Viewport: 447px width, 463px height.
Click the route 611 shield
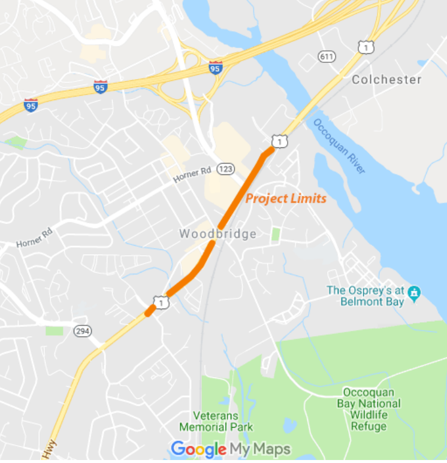coord(327,56)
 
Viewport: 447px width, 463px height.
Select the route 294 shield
coord(83,331)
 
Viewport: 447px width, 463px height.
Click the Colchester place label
coord(386,79)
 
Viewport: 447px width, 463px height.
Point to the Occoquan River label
coord(339,146)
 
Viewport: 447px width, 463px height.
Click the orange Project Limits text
coord(286,198)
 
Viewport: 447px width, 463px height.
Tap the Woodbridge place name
coord(218,234)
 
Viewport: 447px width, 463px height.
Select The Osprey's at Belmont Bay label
coord(366,296)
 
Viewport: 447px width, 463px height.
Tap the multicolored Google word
coord(198,449)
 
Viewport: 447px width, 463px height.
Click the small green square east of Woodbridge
coord(276,234)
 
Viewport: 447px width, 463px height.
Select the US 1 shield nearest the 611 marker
coord(366,46)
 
